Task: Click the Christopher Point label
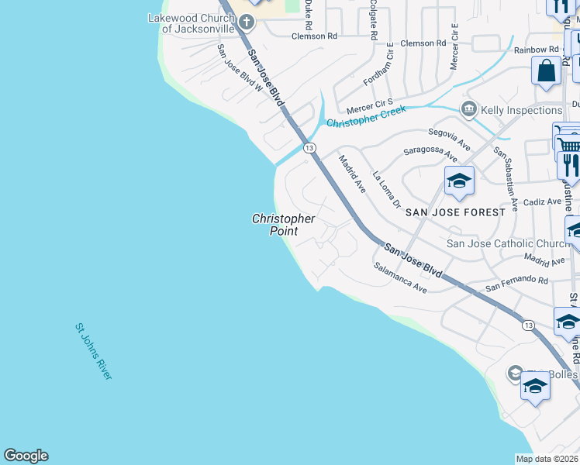[284, 225]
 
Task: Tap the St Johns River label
[94, 351]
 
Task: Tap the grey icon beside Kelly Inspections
[468, 109]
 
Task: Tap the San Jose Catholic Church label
[508, 244]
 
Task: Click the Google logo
[26, 456]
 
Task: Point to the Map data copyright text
[547, 459]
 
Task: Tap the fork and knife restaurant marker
[569, 164]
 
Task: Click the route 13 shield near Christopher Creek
[309, 148]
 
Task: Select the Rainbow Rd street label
[536, 50]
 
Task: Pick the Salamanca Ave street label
[400, 277]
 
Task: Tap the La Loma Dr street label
[387, 190]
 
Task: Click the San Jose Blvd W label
[240, 68]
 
